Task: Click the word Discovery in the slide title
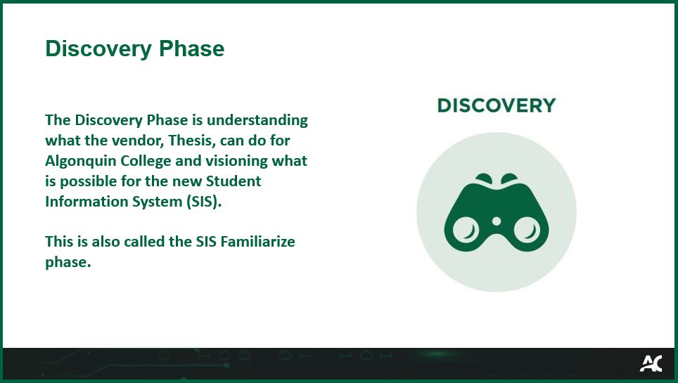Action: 98,48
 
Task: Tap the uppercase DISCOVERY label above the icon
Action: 496,105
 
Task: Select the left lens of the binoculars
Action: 465,229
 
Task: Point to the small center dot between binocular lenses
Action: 496,221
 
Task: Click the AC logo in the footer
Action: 651,363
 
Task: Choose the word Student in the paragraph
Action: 235,181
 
